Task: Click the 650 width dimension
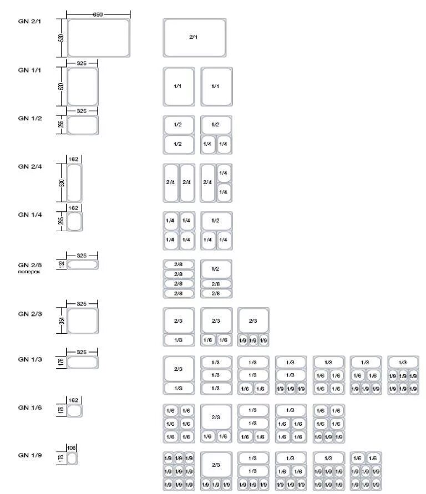(x=98, y=14)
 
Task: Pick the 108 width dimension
(x=71, y=447)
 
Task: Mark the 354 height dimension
(x=62, y=321)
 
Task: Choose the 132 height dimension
(x=62, y=265)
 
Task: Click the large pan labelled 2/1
(x=194, y=37)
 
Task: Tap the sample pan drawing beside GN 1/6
(x=75, y=411)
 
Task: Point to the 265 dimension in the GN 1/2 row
(x=62, y=125)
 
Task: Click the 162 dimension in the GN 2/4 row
(x=73, y=159)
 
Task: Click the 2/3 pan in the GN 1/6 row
(x=216, y=417)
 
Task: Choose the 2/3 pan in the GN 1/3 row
(x=179, y=369)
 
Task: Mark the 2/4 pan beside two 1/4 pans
(x=207, y=182)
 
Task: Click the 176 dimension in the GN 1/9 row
(x=62, y=459)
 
